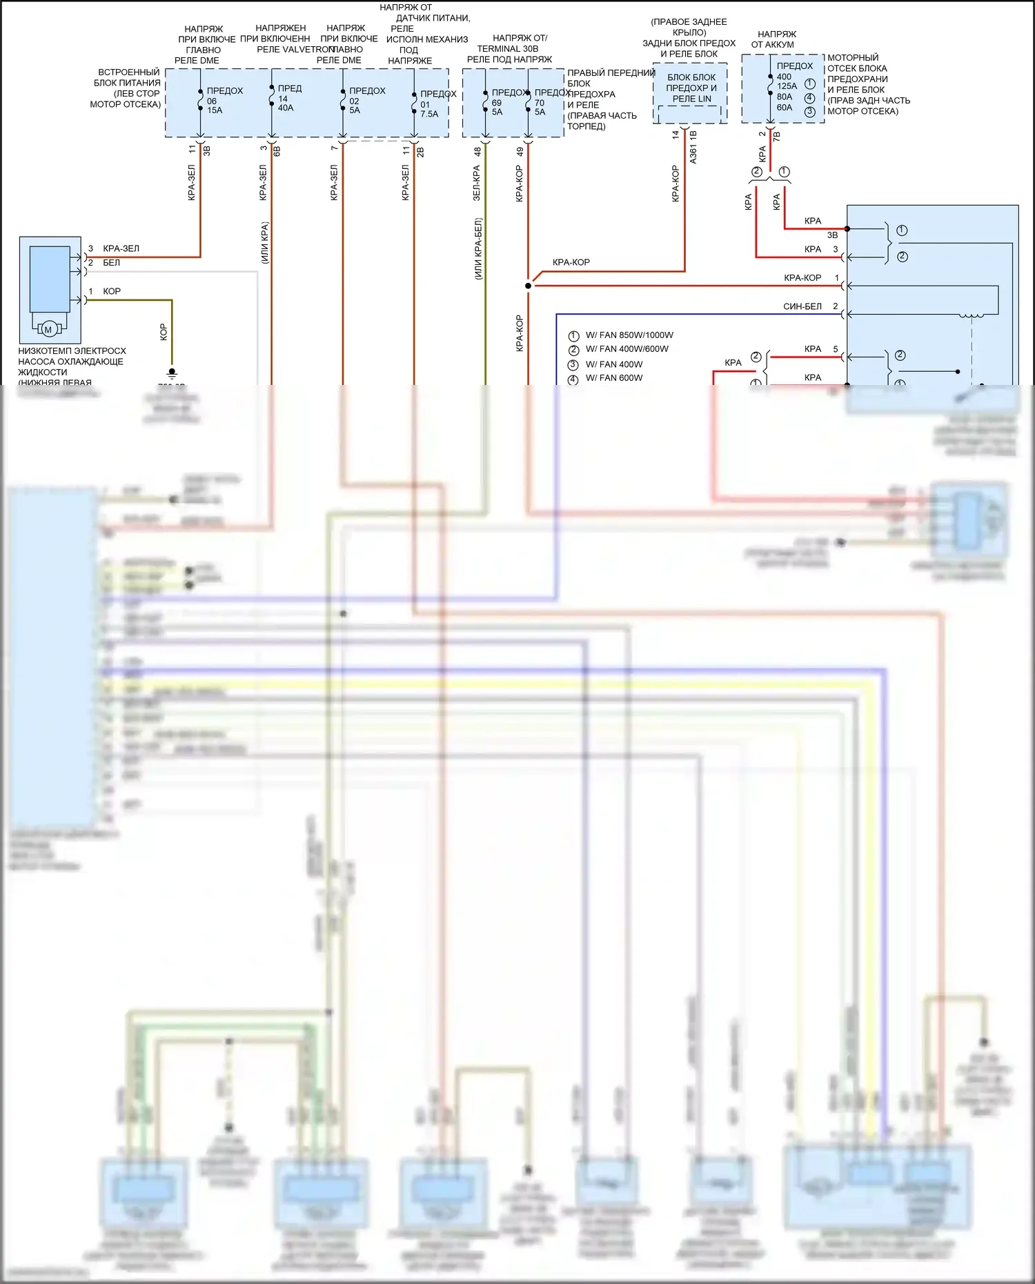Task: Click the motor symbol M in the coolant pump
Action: point(48,330)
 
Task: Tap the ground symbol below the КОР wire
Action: point(172,373)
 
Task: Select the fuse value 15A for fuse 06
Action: point(215,110)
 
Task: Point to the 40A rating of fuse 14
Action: point(286,108)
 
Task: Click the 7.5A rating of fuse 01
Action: point(429,114)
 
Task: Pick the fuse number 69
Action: point(497,103)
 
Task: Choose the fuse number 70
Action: point(540,103)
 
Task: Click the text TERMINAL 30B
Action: point(507,49)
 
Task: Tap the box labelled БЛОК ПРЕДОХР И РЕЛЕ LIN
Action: point(691,88)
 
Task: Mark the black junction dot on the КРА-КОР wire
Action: point(529,286)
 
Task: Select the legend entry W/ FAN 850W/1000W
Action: point(629,335)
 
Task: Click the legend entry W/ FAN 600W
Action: point(613,378)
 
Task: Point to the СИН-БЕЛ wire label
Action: point(802,306)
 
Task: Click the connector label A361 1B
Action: point(693,147)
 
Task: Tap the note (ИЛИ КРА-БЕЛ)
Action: point(478,248)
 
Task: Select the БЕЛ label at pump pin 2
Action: point(111,263)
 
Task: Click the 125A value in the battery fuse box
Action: point(787,86)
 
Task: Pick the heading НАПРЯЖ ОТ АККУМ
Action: point(776,39)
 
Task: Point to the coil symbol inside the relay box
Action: point(972,315)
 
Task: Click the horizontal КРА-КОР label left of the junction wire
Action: point(571,262)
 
